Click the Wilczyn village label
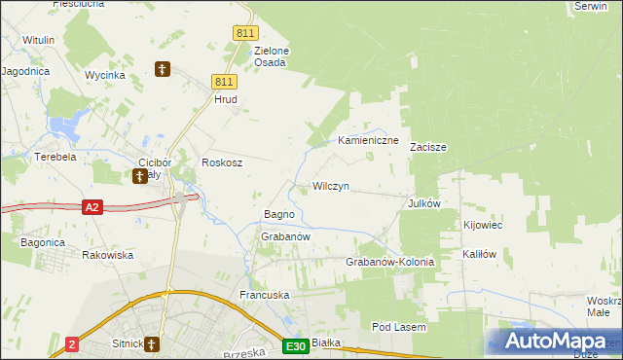(x=330, y=185)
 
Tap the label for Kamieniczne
(x=368, y=141)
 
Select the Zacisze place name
(x=427, y=148)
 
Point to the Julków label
(x=425, y=203)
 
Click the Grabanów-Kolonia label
(x=389, y=263)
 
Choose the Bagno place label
(x=279, y=214)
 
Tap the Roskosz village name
(x=221, y=163)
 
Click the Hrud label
(x=226, y=99)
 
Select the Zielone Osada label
(x=272, y=56)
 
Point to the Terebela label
(x=55, y=156)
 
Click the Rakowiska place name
(x=107, y=255)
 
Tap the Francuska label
(x=265, y=294)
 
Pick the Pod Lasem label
(x=398, y=328)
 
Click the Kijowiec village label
(x=483, y=225)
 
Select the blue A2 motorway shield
(x=92, y=207)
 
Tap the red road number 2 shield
(x=72, y=344)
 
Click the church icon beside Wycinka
(x=164, y=69)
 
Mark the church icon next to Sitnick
(x=153, y=343)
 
